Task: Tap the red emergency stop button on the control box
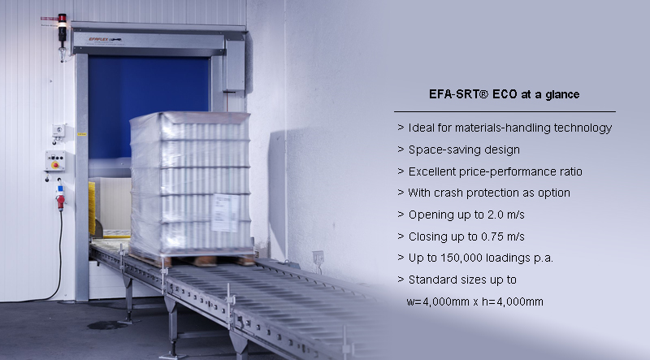[x=54, y=165]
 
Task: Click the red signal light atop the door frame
[x=63, y=18]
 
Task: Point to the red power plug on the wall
[x=60, y=202]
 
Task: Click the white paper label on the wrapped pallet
[x=225, y=212]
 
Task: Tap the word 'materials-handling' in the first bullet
[x=502, y=128]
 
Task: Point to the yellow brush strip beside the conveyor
[x=92, y=208]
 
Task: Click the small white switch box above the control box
[x=58, y=131]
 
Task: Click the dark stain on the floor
[x=106, y=325]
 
